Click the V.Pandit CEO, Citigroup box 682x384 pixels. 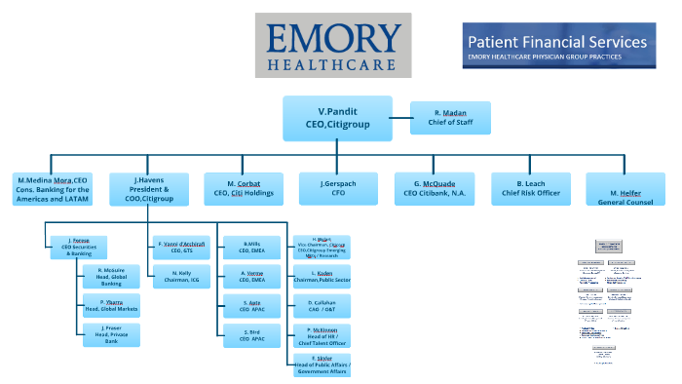(x=337, y=118)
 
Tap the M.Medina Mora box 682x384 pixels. (x=53, y=189)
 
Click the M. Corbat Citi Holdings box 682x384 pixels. (x=244, y=188)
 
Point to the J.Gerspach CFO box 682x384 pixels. (x=338, y=188)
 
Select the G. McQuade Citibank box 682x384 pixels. (x=434, y=188)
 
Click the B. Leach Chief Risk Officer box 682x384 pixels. (x=530, y=188)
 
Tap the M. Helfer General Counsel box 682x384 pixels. (x=625, y=188)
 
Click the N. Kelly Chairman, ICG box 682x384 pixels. (x=180, y=277)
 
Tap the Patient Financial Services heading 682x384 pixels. (x=556, y=42)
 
